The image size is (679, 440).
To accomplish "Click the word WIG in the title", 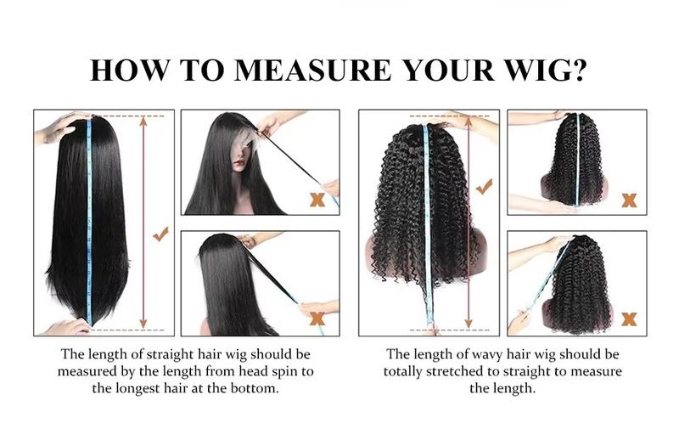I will coord(530,70).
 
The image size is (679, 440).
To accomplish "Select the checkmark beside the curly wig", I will coord(485,186).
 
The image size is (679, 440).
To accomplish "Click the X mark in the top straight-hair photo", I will coord(317,200).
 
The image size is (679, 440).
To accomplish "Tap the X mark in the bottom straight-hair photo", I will coord(317,319).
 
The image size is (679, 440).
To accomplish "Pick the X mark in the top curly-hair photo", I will coord(629,200).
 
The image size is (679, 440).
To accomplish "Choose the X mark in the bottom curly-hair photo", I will coord(629,319).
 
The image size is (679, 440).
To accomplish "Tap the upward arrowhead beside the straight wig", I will coord(143,121).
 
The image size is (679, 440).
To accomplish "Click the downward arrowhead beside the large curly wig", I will coord(467,324).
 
